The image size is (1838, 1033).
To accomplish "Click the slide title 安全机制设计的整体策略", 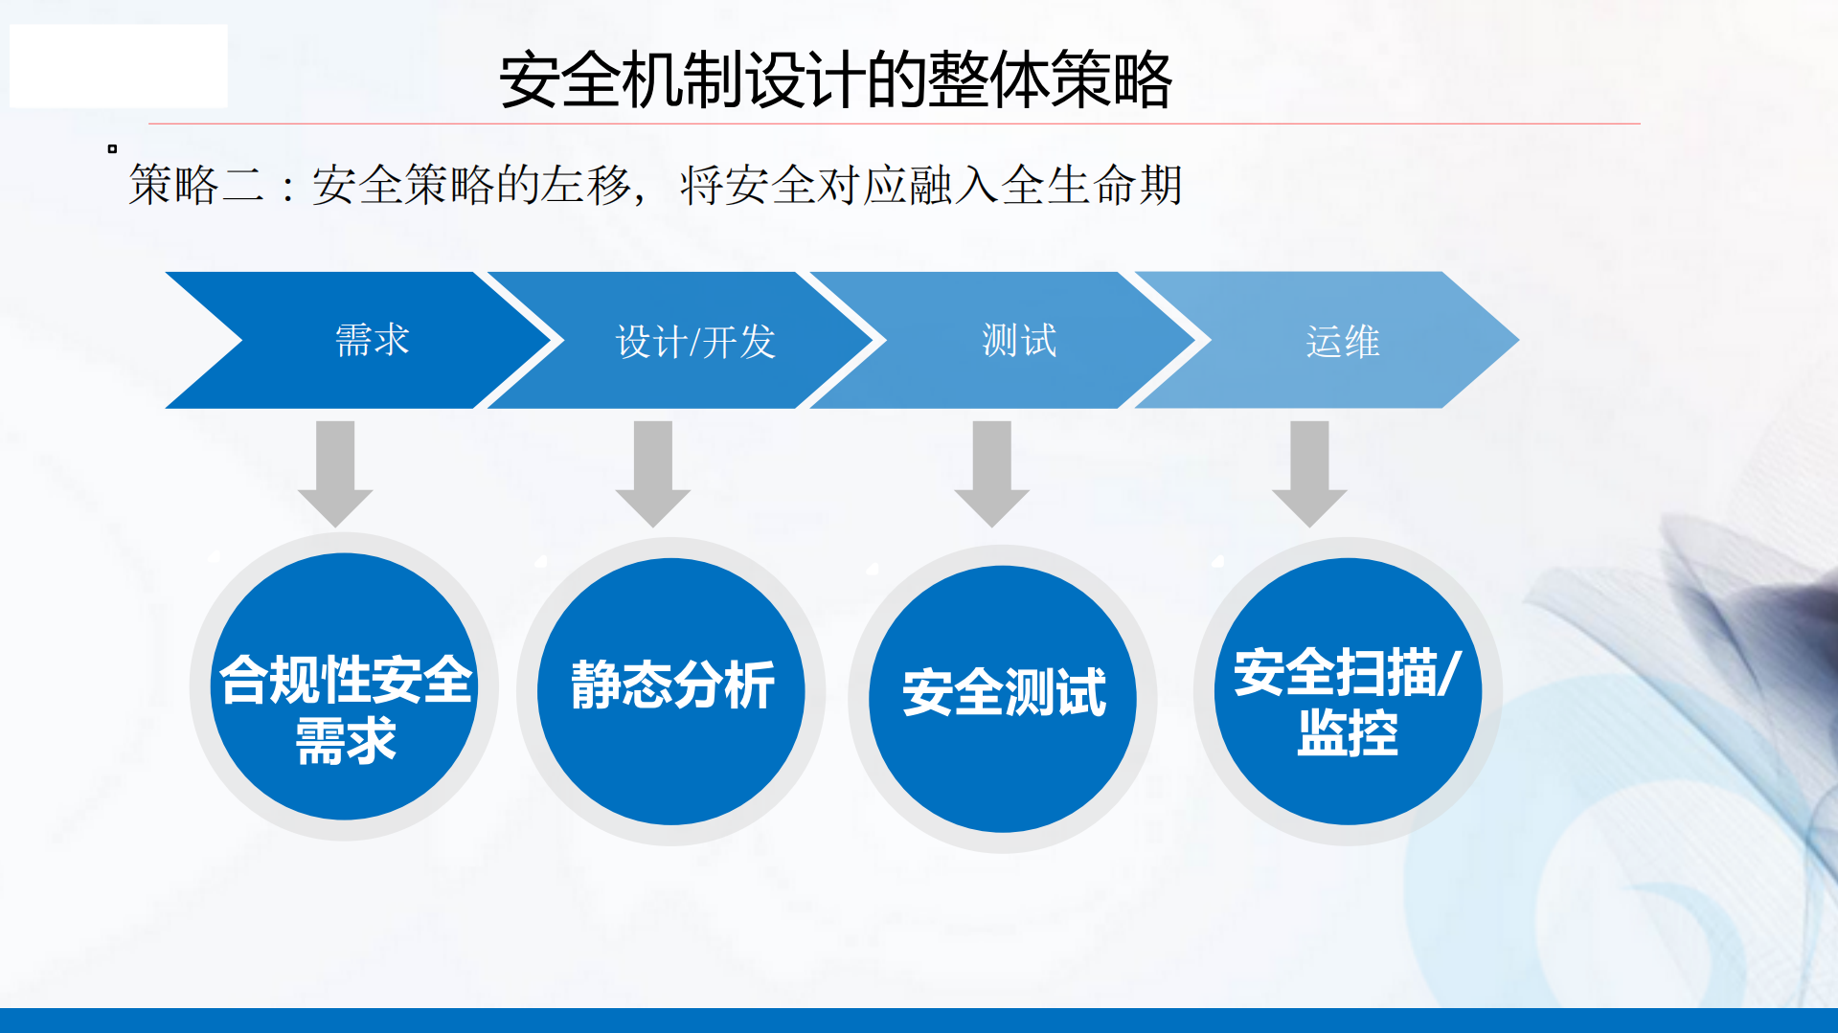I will coord(835,80).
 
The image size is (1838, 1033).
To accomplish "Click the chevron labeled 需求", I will coord(372,341).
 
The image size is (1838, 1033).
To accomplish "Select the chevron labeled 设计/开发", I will coord(694,341).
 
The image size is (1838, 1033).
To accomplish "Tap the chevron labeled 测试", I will coord(1019,341).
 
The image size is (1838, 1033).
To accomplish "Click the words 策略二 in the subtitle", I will coord(196,185).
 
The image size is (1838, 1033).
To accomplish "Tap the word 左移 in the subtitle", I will coord(585,185).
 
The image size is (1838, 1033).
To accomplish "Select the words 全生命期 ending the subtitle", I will coord(1092,185).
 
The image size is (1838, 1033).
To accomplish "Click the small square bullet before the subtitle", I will coord(112,148).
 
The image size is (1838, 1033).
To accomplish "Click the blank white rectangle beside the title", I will coord(119,66).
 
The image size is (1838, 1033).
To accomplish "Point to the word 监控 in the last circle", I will coord(1348,734).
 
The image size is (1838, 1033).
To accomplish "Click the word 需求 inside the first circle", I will coord(346,742).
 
